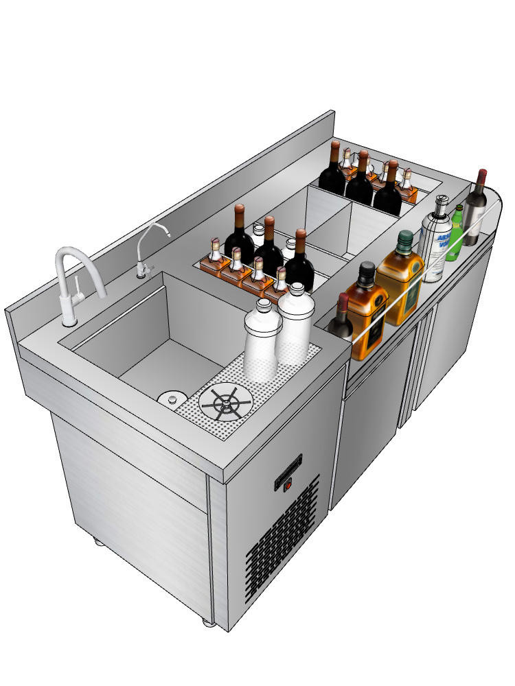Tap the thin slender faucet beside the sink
click(144, 250)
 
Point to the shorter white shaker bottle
click(261, 340)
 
